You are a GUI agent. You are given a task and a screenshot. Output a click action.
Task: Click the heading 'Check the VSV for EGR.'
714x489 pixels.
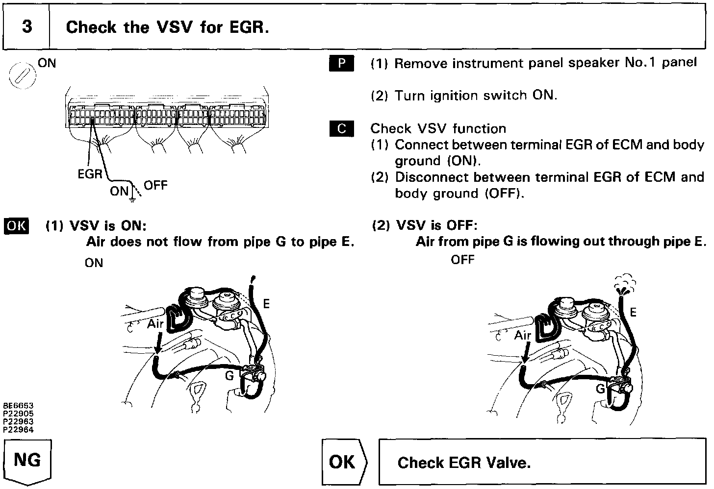coord(167,27)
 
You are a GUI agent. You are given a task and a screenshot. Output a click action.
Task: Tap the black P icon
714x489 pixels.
coord(341,64)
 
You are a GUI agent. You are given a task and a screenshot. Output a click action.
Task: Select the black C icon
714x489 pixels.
coord(341,129)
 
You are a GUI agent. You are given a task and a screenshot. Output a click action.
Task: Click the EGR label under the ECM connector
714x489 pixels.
coord(90,174)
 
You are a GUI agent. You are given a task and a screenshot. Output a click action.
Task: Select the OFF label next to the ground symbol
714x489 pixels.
coord(155,186)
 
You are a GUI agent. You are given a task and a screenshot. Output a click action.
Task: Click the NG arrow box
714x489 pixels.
coord(27,462)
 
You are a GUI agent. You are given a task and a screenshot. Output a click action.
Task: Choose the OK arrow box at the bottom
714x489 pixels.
coord(343,462)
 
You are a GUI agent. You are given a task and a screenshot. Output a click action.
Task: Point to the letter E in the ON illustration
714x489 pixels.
coord(266,304)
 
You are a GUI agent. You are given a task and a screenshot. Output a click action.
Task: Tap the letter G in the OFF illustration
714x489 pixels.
coord(601,389)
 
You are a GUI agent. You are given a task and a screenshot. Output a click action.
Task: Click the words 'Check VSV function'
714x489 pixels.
coord(438,129)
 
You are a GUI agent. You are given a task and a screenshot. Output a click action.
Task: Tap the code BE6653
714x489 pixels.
coord(18,406)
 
